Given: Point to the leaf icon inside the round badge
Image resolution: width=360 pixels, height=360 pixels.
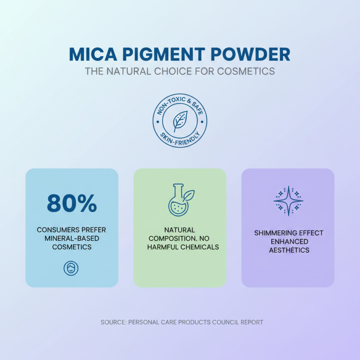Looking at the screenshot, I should click(x=180, y=121).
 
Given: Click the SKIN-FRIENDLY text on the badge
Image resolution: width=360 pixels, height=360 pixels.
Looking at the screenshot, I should click(x=180, y=138).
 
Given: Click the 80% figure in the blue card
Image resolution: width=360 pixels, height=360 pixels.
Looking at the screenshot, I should click(x=72, y=203).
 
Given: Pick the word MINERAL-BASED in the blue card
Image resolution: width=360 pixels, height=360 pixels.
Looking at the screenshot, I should click(x=72, y=238).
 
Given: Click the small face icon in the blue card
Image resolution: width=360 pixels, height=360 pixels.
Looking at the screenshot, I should click(x=71, y=269).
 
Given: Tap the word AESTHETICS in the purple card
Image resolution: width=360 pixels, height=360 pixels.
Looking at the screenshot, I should click(x=288, y=250).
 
